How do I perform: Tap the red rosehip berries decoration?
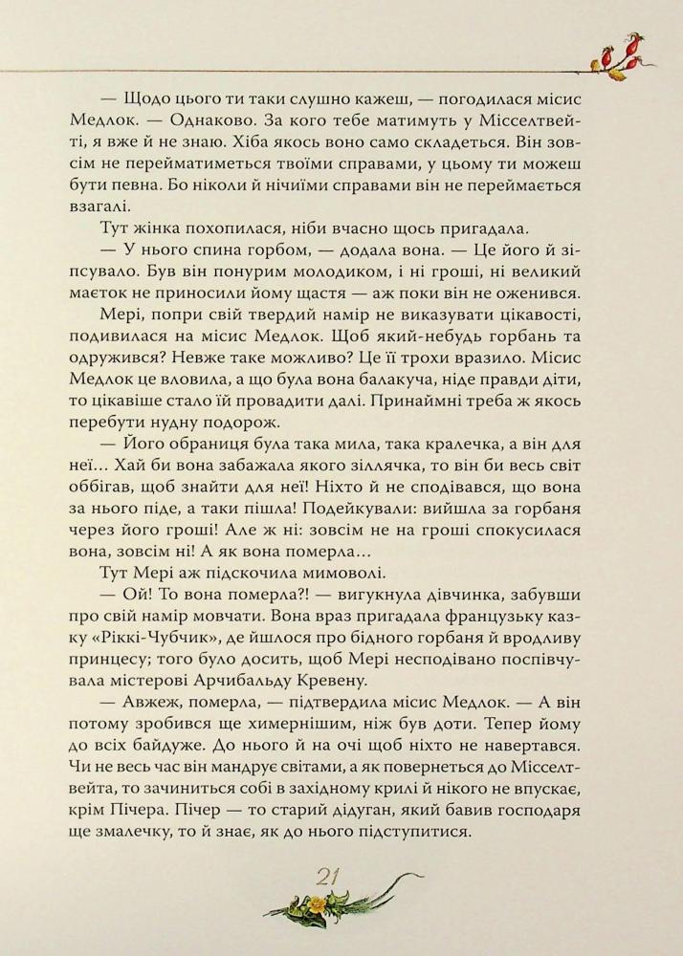coord(619,54)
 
